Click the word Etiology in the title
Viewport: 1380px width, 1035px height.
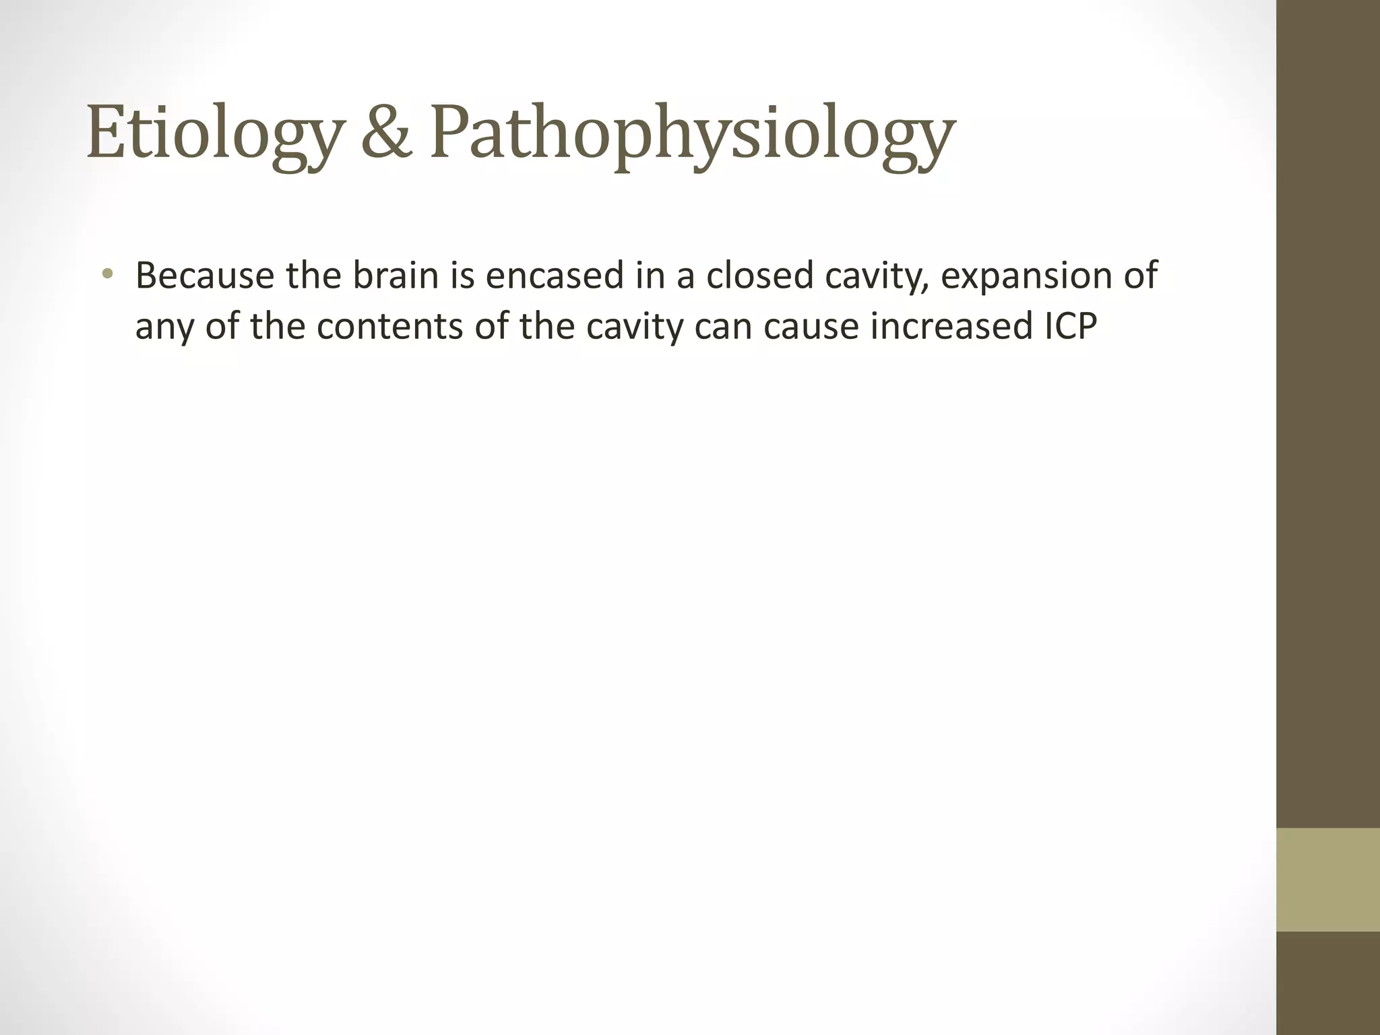pos(213,134)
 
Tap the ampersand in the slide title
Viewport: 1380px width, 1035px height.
pos(387,133)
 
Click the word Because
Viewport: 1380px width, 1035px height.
pos(205,276)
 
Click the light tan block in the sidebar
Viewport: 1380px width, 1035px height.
pos(1327,880)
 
